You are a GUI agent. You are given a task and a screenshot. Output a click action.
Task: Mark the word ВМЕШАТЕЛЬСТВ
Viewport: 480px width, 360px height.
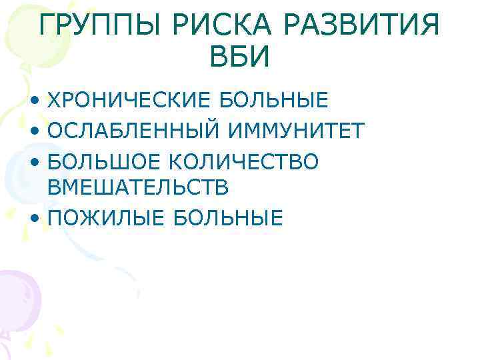pos(139,187)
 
